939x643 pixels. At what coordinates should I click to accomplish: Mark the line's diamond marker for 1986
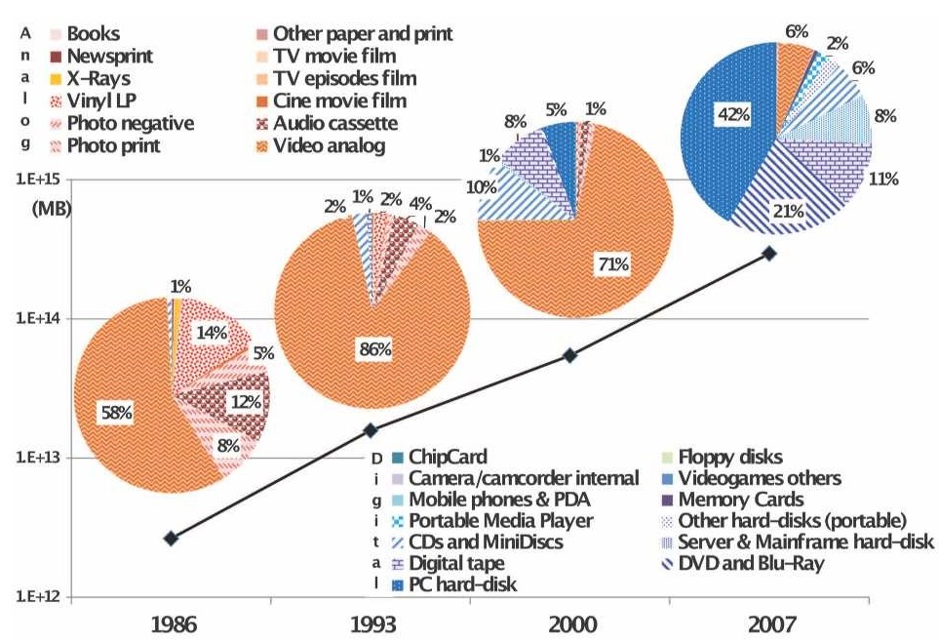172,538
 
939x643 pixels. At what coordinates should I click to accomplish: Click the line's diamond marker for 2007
769,253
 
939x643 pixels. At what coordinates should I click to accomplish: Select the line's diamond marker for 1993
371,429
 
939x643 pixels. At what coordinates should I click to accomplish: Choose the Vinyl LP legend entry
95,100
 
